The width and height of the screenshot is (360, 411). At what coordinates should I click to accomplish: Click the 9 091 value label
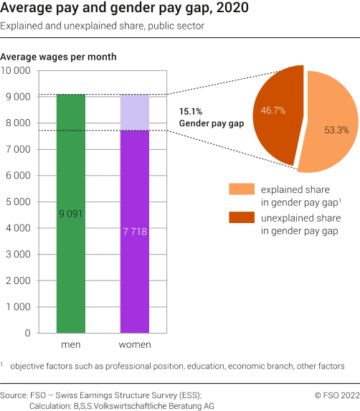[x=71, y=214]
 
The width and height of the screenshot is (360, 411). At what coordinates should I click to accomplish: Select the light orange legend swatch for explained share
[x=241, y=189]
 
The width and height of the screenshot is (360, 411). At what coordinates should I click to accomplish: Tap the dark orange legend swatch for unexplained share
[x=241, y=218]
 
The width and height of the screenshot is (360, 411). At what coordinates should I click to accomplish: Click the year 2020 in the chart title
[x=235, y=9]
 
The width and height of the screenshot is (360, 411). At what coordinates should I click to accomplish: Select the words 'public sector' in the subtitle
[x=176, y=27]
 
